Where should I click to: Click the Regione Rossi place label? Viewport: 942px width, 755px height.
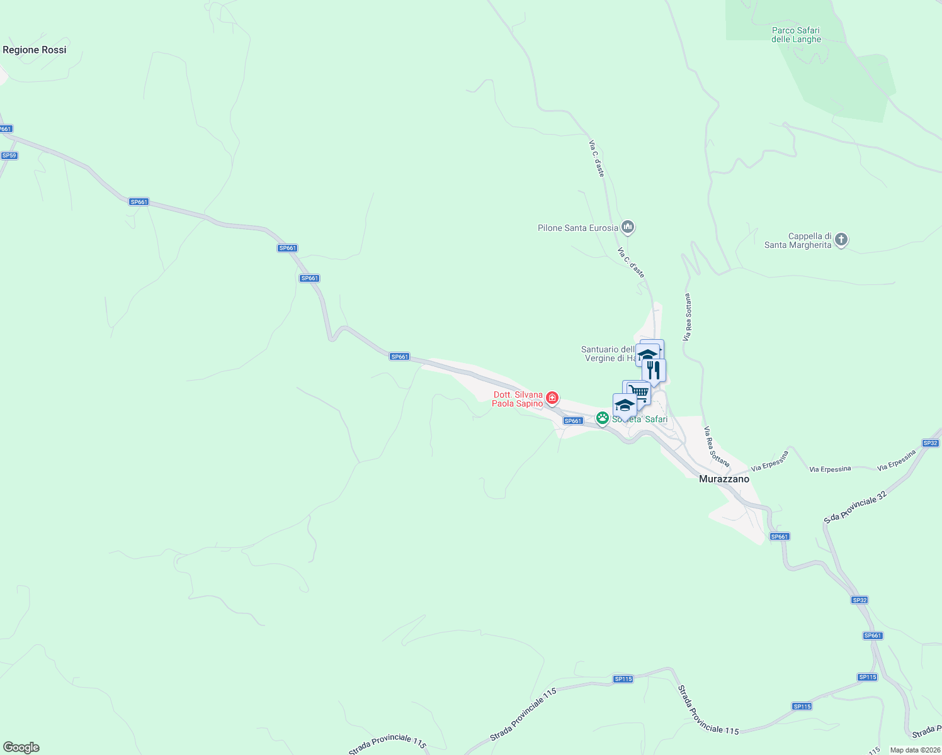(35, 50)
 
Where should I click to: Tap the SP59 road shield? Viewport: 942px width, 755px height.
(9, 155)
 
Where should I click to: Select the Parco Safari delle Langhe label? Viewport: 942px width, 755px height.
(796, 35)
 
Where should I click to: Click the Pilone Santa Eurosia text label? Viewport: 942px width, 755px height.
(577, 228)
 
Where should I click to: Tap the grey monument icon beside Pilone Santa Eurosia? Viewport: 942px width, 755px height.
(627, 227)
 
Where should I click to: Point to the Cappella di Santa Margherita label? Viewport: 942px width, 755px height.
(798, 240)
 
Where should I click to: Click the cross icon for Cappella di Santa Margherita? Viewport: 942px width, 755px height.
(841, 240)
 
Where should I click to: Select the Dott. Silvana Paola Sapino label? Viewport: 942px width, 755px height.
(518, 399)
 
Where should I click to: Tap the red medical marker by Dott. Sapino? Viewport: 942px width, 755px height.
(552, 398)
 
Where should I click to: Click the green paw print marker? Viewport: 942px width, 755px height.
(603, 418)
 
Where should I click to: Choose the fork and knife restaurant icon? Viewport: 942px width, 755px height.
(654, 370)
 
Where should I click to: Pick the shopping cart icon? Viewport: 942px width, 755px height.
(638, 393)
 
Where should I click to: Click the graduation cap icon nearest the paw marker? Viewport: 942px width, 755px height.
(624, 405)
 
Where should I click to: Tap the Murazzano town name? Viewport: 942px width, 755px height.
(724, 479)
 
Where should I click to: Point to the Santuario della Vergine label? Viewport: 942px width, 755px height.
(608, 354)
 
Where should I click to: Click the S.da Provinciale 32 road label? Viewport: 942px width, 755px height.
(855, 507)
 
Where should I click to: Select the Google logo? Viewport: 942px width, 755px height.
(21, 747)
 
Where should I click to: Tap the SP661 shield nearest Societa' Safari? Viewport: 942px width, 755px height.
(573, 421)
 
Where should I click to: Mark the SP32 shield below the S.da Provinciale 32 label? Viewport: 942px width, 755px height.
(860, 600)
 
